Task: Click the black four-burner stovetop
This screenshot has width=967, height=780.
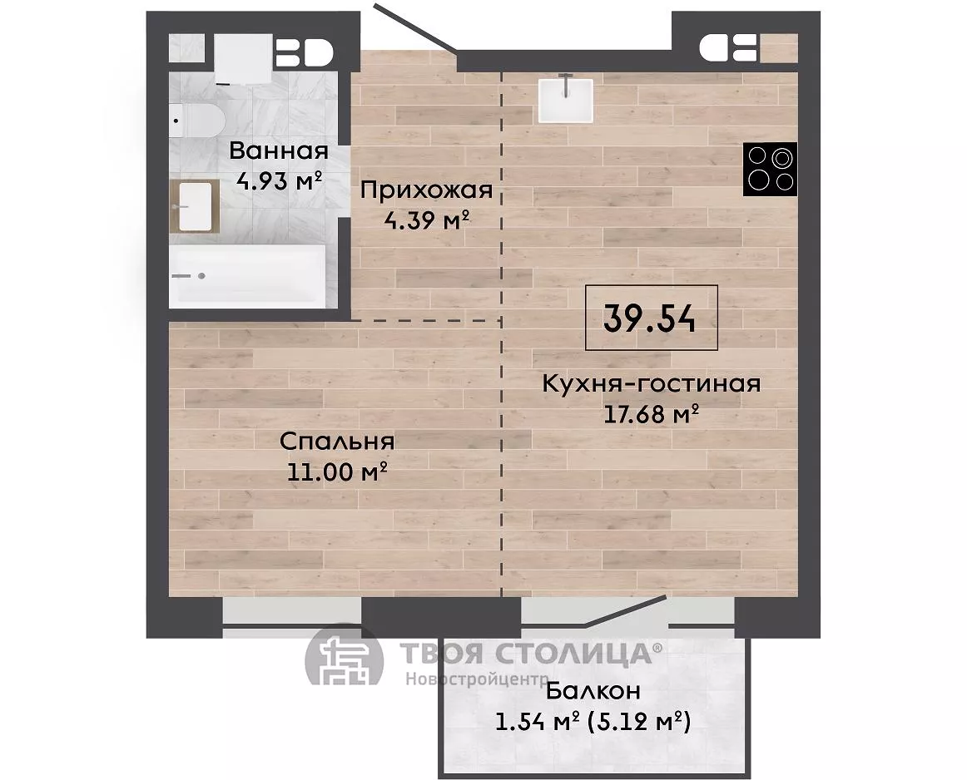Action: (x=770, y=169)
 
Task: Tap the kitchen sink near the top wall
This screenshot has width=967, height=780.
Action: (x=566, y=101)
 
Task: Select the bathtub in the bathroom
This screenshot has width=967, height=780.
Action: (x=247, y=275)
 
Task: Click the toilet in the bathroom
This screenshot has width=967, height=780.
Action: (x=196, y=120)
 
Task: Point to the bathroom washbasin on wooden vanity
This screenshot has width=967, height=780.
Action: (x=195, y=206)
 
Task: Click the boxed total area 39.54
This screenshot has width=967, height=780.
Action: (x=652, y=318)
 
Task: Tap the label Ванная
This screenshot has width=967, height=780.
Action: (x=279, y=151)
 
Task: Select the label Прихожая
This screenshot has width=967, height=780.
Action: (x=426, y=190)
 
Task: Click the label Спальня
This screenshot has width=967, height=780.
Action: (x=337, y=441)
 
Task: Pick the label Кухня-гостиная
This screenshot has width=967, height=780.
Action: (x=652, y=383)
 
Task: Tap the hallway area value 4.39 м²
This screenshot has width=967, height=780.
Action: (x=427, y=220)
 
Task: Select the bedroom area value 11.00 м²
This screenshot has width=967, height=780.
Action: (x=337, y=472)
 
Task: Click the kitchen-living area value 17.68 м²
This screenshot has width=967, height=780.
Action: (x=651, y=414)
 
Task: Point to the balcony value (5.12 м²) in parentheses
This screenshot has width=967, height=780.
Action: (x=639, y=722)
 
